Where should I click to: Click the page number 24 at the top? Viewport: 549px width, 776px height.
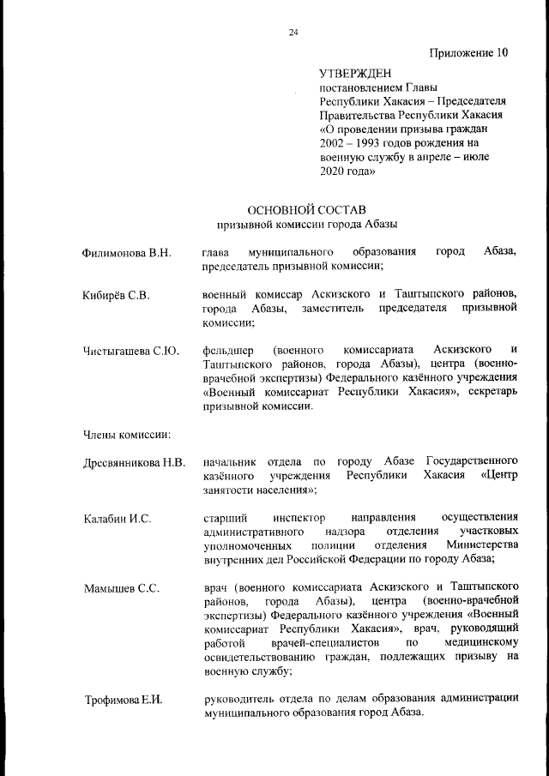point(293,33)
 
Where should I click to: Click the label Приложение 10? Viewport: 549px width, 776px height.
point(469,52)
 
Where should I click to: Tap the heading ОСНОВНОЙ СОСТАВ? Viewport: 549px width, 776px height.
point(306,209)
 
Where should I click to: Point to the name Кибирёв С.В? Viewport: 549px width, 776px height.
point(117,296)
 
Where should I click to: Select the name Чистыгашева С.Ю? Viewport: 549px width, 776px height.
point(130,350)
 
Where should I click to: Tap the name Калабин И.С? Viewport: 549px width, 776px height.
point(117,518)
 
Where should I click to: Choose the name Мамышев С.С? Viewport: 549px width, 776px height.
point(121,589)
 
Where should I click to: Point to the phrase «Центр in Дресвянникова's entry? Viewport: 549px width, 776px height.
point(500,476)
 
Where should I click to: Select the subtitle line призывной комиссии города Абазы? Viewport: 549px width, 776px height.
point(306,225)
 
